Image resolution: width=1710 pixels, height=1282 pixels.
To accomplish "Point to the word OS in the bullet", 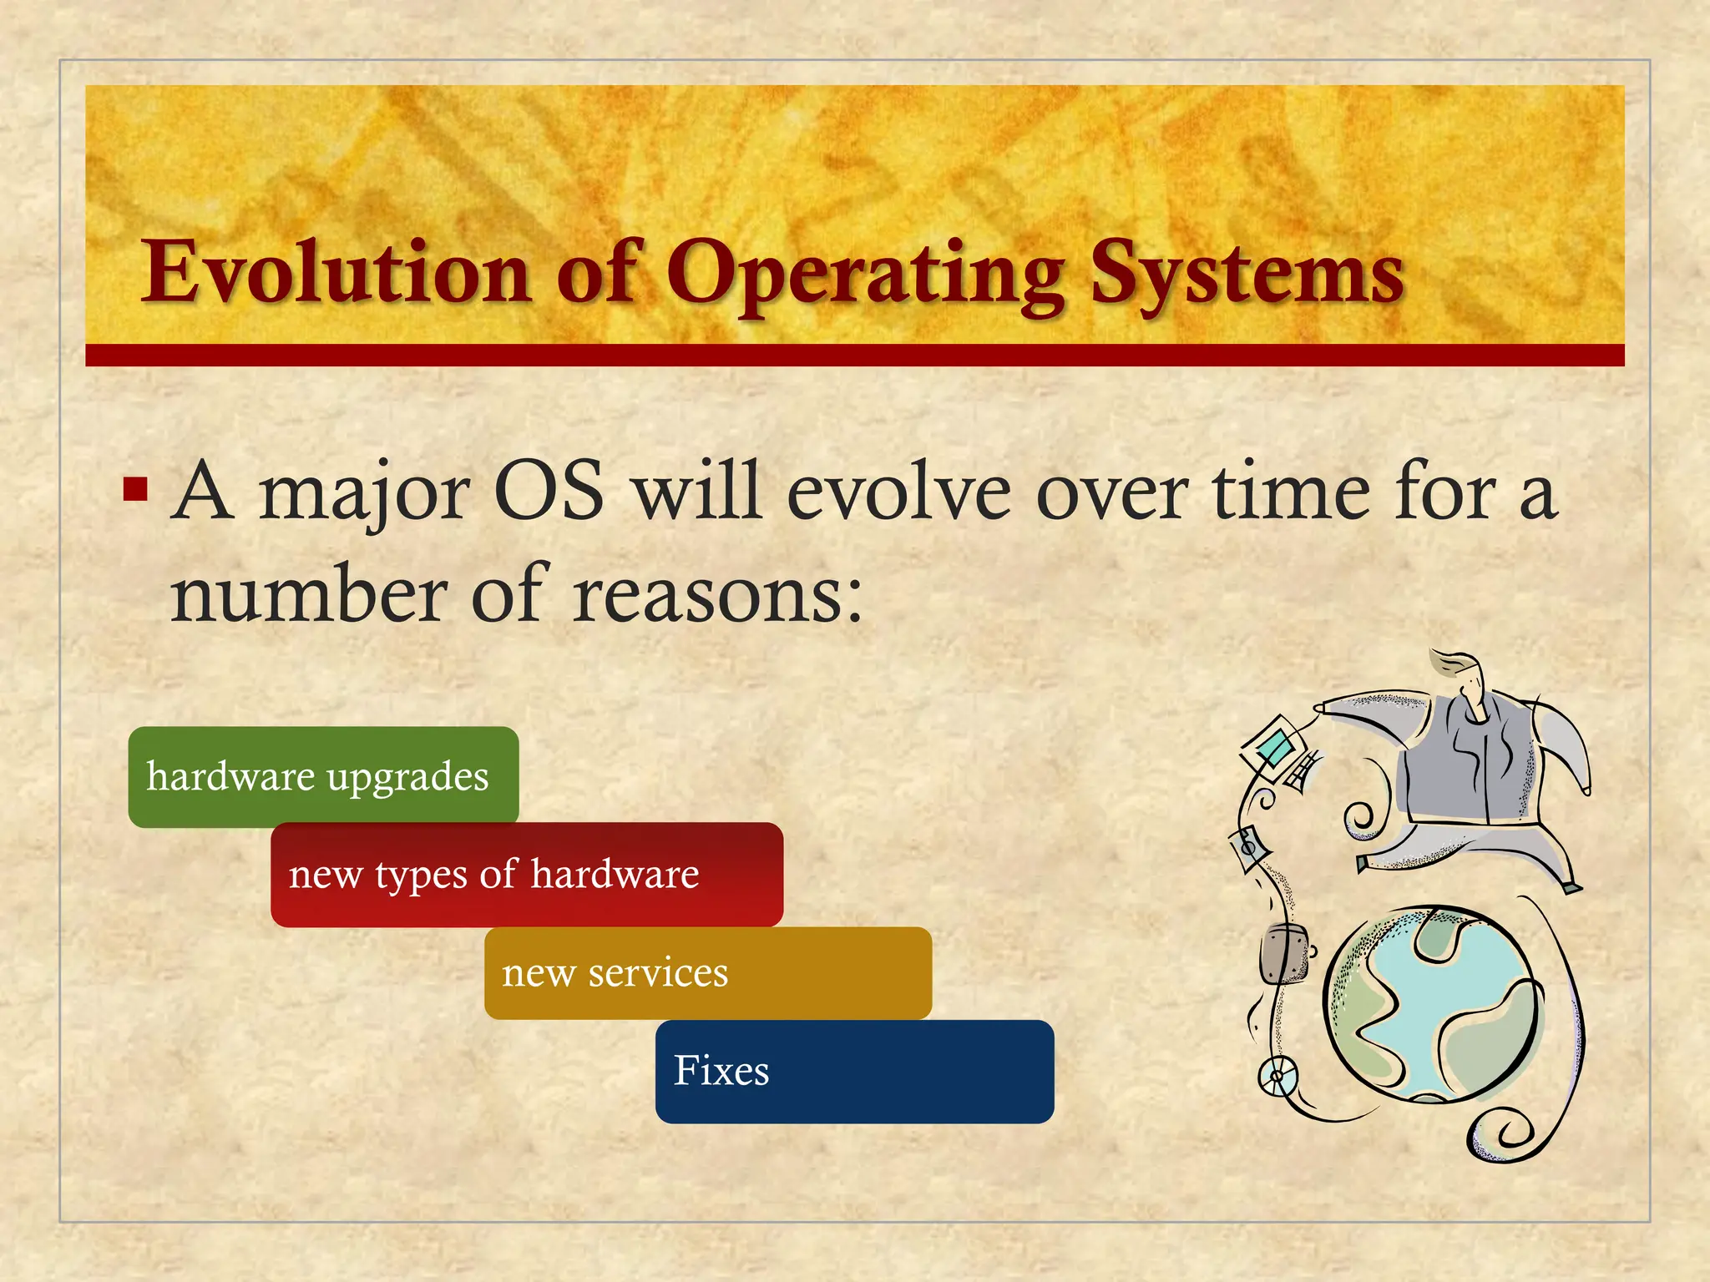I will coord(549,492).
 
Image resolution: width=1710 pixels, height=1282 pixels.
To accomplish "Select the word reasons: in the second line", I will coord(717,594).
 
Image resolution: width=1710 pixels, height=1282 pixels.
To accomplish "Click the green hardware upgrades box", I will coord(323,776).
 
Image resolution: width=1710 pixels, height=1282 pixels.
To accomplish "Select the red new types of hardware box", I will coord(526,874).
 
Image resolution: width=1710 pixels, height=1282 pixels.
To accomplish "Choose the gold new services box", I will coord(707,972).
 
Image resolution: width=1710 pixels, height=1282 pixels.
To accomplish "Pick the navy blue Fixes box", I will coord(853,1071).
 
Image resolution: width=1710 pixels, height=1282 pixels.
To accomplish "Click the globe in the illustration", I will coord(1429,1006).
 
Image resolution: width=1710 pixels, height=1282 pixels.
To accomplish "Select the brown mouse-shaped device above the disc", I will coord(1282,952).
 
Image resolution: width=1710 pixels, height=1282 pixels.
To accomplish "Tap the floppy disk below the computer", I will coord(1249,848).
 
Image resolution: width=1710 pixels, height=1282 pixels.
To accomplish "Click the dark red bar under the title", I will coord(854,355).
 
